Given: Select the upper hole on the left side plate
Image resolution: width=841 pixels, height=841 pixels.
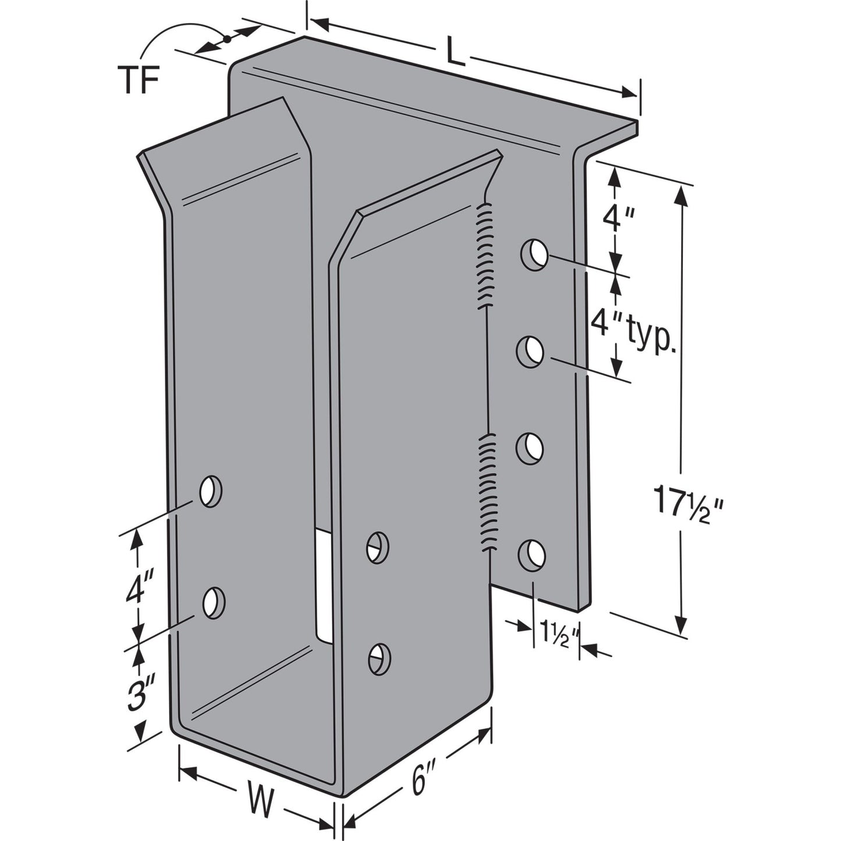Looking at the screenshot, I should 211,491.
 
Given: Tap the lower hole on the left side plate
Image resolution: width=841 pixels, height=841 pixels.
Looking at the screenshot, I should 214,603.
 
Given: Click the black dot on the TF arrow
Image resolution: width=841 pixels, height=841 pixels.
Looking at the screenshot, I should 227,39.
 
